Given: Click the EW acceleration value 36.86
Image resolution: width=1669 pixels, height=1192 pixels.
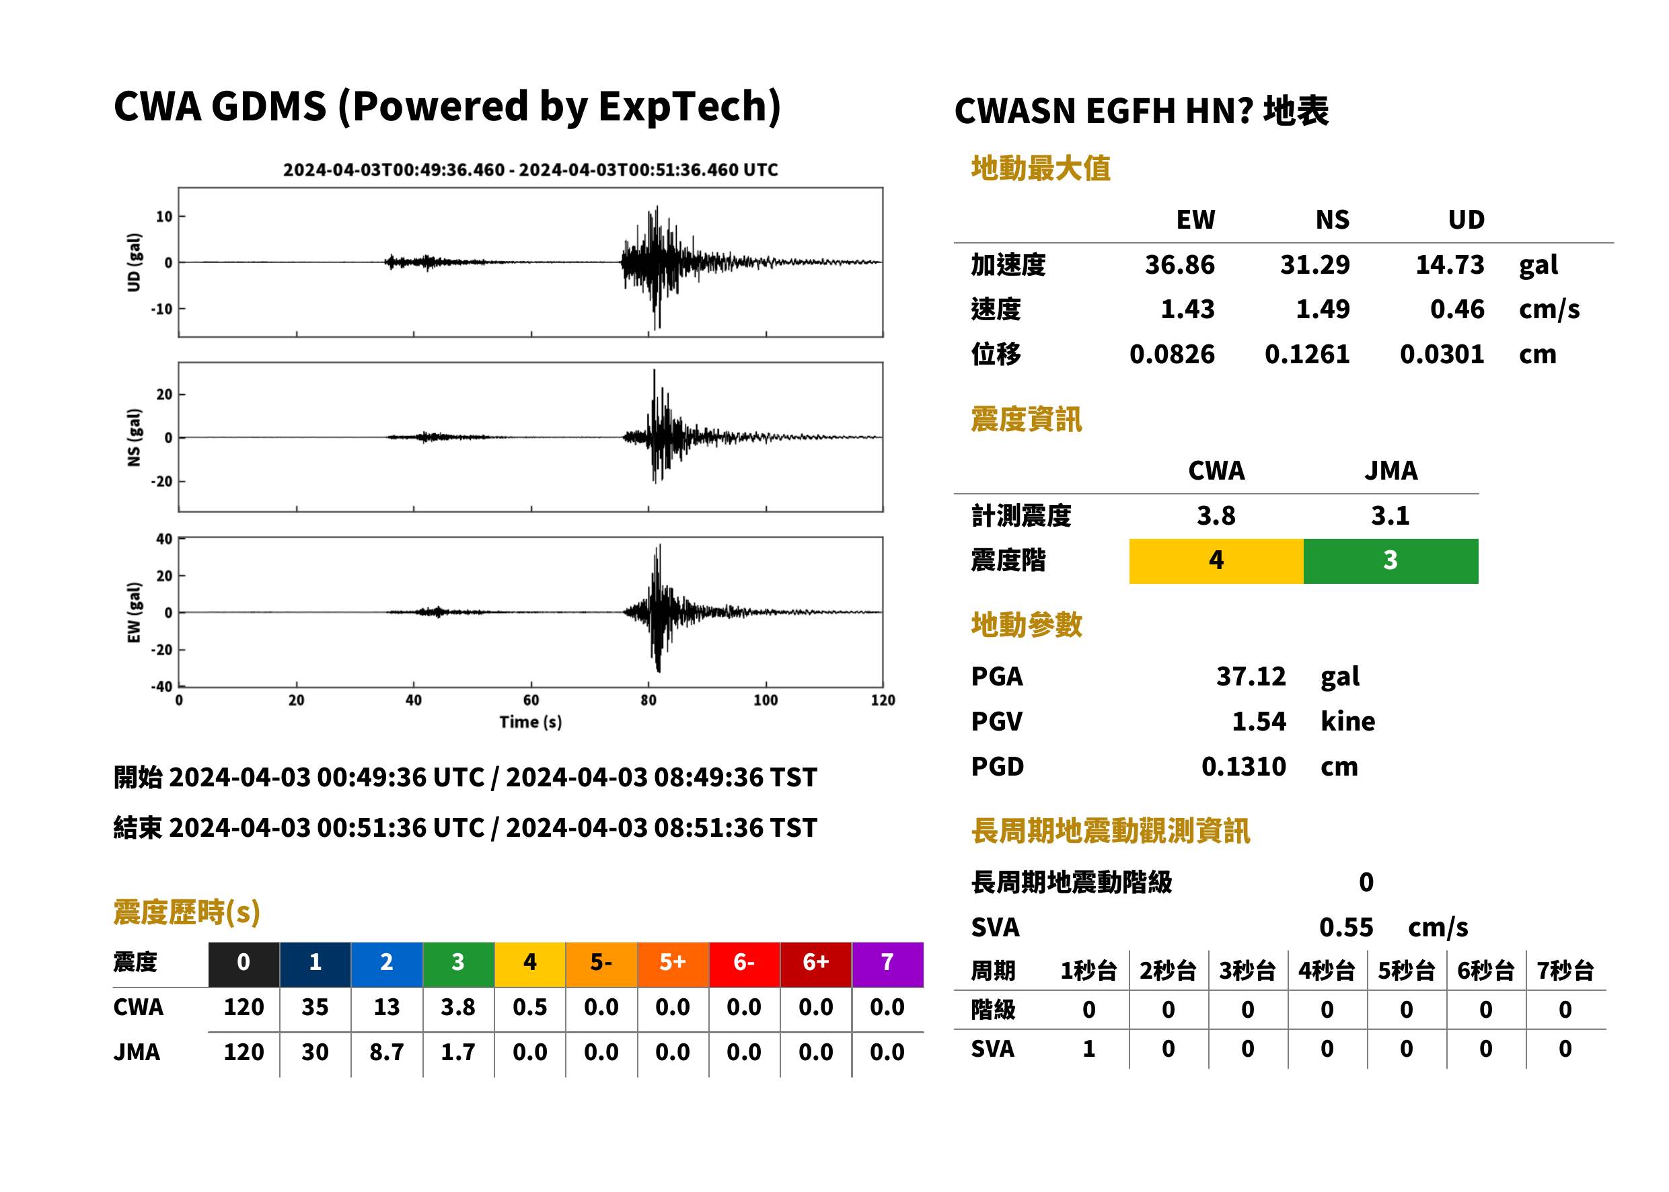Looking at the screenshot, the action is point(1179,264).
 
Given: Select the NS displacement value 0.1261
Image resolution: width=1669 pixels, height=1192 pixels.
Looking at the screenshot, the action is point(1306,354).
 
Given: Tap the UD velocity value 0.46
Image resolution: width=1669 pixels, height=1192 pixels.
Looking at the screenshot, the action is point(1457,309).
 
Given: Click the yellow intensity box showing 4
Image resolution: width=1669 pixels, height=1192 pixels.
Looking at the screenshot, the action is point(1216,561).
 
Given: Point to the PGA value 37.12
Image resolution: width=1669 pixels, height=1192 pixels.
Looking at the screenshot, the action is point(1251,676).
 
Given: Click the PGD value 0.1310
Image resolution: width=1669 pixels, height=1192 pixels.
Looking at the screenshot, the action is point(1243,766).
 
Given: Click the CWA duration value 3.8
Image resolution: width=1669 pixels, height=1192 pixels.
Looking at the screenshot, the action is point(458,1007).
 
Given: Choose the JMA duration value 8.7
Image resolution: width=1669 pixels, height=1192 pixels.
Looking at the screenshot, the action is point(387,1052).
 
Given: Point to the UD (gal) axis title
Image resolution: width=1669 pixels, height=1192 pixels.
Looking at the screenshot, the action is point(134,262).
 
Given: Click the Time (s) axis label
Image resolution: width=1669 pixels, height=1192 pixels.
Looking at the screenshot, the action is point(531,722).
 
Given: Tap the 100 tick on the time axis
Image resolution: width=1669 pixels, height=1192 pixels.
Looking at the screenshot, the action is point(766,700).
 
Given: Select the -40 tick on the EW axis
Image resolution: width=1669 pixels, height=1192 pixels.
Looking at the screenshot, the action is point(161,687).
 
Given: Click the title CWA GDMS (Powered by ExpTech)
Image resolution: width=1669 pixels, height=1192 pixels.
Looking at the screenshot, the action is point(447,106).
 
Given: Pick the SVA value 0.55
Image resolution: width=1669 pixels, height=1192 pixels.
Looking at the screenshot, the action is point(1346,927).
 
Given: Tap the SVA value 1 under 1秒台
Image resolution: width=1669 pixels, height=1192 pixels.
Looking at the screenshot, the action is point(1089,1049).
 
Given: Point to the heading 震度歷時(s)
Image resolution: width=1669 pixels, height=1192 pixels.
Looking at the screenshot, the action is point(187,912).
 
